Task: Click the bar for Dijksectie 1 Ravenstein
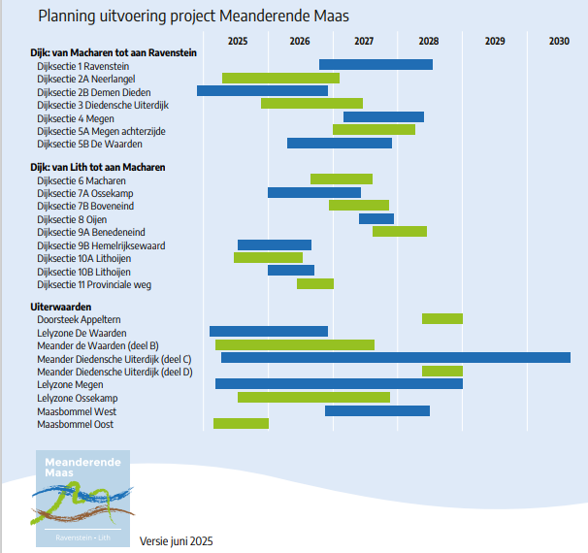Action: pyautogui.click(x=376, y=65)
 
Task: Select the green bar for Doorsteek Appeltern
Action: pyautogui.click(x=441, y=318)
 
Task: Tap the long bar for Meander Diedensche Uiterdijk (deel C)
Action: pyautogui.click(x=395, y=358)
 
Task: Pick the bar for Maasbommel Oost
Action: pyautogui.click(x=241, y=423)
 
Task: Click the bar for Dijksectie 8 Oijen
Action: pyautogui.click(x=376, y=219)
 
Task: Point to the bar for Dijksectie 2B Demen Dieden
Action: pyautogui.click(x=262, y=91)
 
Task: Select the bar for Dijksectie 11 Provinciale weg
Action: pyautogui.click(x=314, y=284)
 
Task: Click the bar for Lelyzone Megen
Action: pyautogui.click(x=339, y=384)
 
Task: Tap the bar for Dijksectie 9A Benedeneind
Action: pyautogui.click(x=399, y=232)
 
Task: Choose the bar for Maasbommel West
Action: pyautogui.click(x=376, y=410)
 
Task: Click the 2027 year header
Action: pyautogui.click(x=364, y=41)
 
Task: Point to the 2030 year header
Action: pyautogui.click(x=559, y=41)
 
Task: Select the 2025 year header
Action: pyautogui.click(x=238, y=41)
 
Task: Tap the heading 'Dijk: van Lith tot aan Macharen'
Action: pyautogui.click(x=98, y=167)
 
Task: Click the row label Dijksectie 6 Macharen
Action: pyautogui.click(x=82, y=180)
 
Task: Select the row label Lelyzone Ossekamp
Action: pyautogui.click(x=78, y=398)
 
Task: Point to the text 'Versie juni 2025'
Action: pyautogui.click(x=177, y=540)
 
